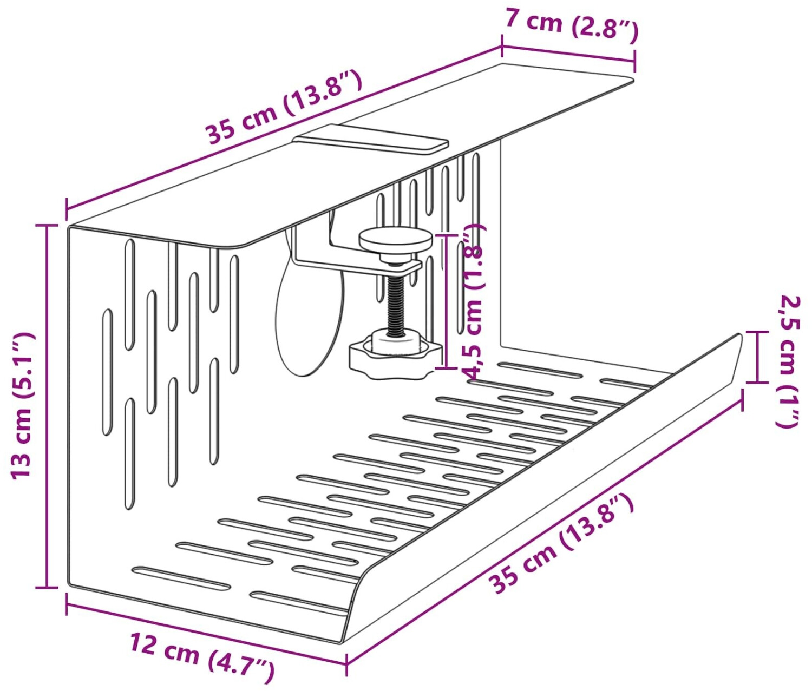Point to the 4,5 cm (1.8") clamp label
[x=473, y=302]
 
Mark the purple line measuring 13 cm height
[x=48, y=406]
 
